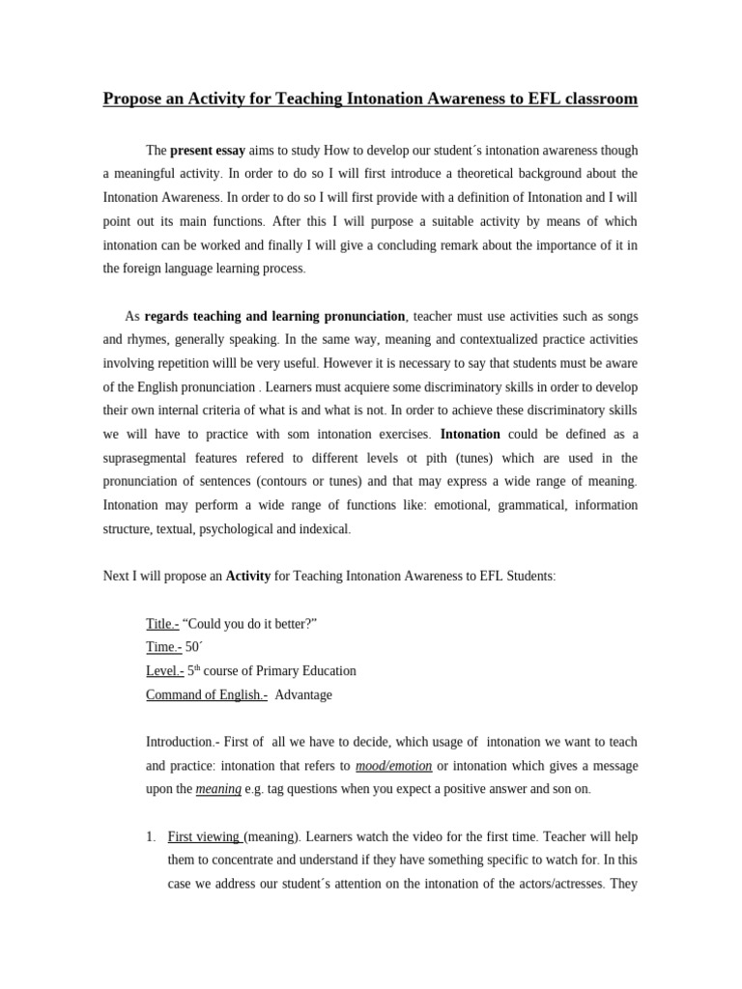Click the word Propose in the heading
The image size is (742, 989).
[133, 99]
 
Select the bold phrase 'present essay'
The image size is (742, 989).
[208, 151]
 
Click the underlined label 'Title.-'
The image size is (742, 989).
[162, 624]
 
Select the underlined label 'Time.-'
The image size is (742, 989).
[163, 647]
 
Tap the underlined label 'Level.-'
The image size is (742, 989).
[164, 670]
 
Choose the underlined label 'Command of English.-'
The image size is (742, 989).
[207, 694]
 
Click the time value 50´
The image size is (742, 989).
[194, 647]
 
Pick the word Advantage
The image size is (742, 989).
[303, 694]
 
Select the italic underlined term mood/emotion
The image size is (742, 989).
[393, 766]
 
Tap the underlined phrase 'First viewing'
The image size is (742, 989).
[205, 836]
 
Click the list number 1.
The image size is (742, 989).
[150, 836]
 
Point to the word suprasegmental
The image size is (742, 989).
[148, 459]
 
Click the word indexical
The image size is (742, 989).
[322, 529]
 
